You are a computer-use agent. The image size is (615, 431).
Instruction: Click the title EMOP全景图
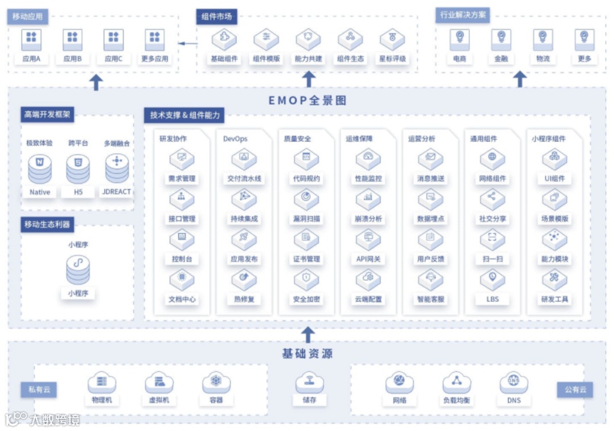(307, 101)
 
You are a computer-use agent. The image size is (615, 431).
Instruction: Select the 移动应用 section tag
(28, 17)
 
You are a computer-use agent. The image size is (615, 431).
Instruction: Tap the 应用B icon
(72, 39)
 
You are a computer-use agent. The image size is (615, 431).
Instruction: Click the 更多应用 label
(155, 59)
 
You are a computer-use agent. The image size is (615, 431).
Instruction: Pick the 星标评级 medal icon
(392, 39)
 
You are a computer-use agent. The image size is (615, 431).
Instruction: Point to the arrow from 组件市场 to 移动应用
(187, 43)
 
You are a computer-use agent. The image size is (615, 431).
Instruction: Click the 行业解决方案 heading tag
(463, 15)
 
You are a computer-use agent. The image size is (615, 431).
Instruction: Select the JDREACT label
(117, 192)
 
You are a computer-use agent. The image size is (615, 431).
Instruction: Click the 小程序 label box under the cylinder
(78, 294)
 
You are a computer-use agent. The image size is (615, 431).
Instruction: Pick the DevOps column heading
(235, 138)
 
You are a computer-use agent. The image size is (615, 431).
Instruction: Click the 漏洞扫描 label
(306, 219)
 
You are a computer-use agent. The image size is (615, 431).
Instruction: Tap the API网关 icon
(368, 239)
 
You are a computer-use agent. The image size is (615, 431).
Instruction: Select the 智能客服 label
(430, 299)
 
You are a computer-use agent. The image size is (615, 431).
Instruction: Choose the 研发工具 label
(555, 299)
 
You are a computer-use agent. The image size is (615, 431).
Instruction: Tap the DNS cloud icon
(514, 383)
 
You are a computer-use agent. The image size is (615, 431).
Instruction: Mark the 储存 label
(309, 400)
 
